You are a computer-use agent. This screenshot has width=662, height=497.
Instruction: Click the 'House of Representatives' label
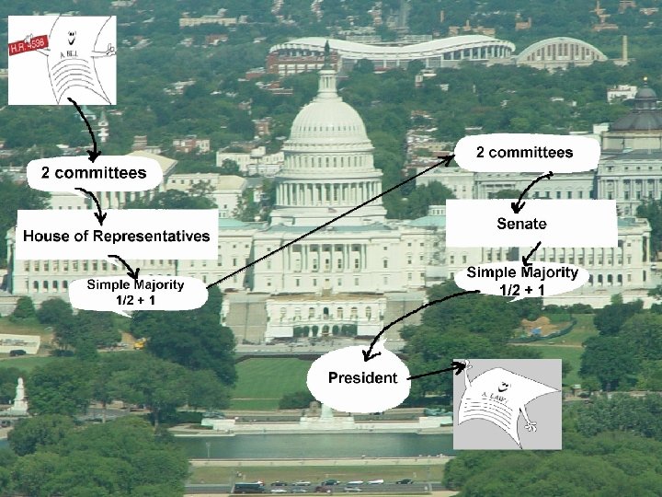[x=117, y=236]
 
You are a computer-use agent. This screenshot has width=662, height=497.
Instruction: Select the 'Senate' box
[x=521, y=224]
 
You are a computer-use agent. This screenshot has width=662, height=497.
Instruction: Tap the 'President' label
[x=363, y=377]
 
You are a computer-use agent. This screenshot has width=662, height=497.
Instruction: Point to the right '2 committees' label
[x=525, y=153]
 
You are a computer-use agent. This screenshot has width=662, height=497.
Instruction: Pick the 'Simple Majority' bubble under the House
[x=136, y=292]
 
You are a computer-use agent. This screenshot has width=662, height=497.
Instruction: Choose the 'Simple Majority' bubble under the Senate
[x=521, y=281]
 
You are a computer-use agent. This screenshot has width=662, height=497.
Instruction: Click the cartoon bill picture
[x=62, y=60]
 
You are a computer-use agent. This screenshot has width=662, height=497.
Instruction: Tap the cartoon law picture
[x=507, y=403]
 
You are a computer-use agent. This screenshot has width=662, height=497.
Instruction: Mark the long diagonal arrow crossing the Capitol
[x=331, y=221]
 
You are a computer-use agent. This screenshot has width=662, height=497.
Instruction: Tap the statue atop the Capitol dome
[x=327, y=51]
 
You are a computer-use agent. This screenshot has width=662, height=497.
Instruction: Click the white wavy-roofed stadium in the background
[x=391, y=52]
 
